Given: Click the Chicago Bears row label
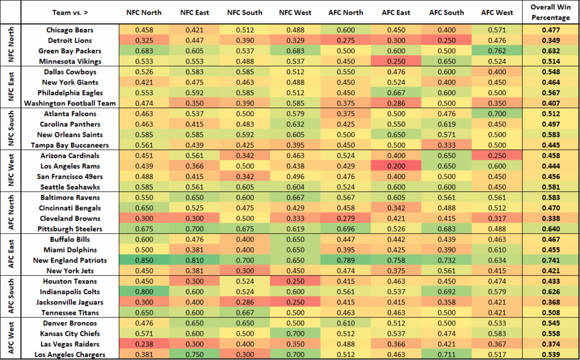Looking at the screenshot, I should point(69,30).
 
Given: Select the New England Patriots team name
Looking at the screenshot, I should point(69,260).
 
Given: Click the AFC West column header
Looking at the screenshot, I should point(497,12).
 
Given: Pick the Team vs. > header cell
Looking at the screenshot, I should point(69,12).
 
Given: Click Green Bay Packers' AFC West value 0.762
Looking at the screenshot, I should point(497,51).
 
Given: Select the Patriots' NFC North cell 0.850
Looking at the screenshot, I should point(139,260).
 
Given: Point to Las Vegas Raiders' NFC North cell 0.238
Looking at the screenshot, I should point(139,344).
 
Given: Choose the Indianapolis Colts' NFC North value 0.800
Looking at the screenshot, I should point(139,292).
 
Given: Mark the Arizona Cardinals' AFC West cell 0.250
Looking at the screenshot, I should point(497,156).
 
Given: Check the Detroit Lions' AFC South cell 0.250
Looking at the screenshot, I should point(446,41).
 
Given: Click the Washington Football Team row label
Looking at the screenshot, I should point(69,103).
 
